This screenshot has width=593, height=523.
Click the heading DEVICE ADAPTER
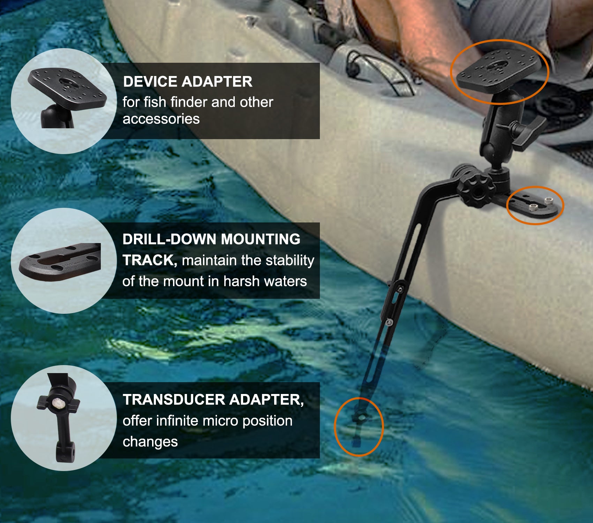187,82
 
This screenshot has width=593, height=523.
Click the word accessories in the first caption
161,119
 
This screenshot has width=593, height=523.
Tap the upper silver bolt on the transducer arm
400,289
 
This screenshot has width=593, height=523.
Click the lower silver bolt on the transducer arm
389,323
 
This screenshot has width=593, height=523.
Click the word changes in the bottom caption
150,442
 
